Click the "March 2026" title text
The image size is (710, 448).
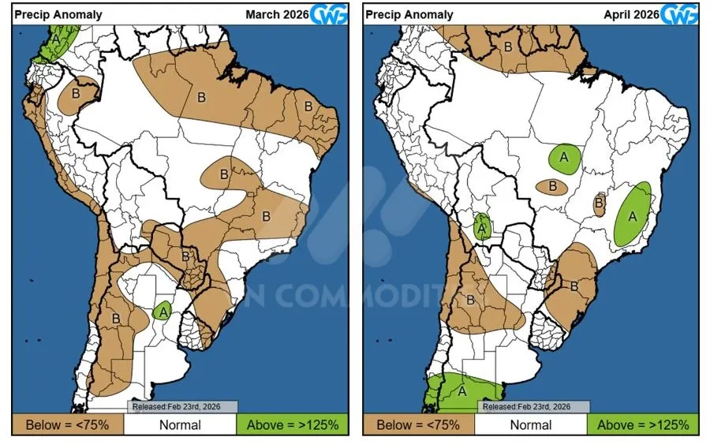click(x=276, y=13)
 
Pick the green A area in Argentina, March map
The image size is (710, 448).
click(x=163, y=311)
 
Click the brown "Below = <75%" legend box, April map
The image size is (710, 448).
click(x=419, y=424)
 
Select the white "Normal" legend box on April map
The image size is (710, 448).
click(x=531, y=424)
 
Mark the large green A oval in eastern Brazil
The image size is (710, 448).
click(x=633, y=214)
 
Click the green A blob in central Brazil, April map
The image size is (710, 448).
click(x=564, y=158)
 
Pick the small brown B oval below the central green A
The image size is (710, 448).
click(x=553, y=187)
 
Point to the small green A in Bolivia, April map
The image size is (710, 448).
click(x=482, y=227)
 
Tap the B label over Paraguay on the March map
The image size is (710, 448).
click(x=186, y=256)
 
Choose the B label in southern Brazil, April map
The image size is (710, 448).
click(x=574, y=286)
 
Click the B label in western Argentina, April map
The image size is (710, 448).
click(x=470, y=300)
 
